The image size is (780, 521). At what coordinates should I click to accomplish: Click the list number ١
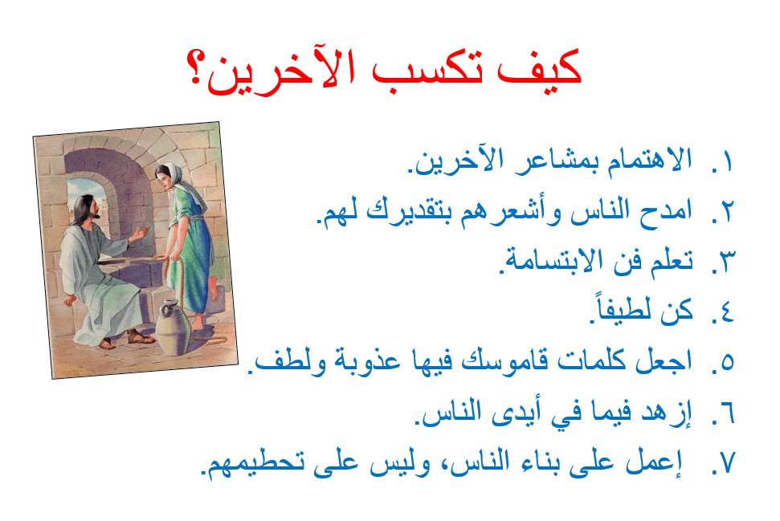coord(726,162)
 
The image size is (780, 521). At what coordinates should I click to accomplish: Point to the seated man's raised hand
coord(144,234)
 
